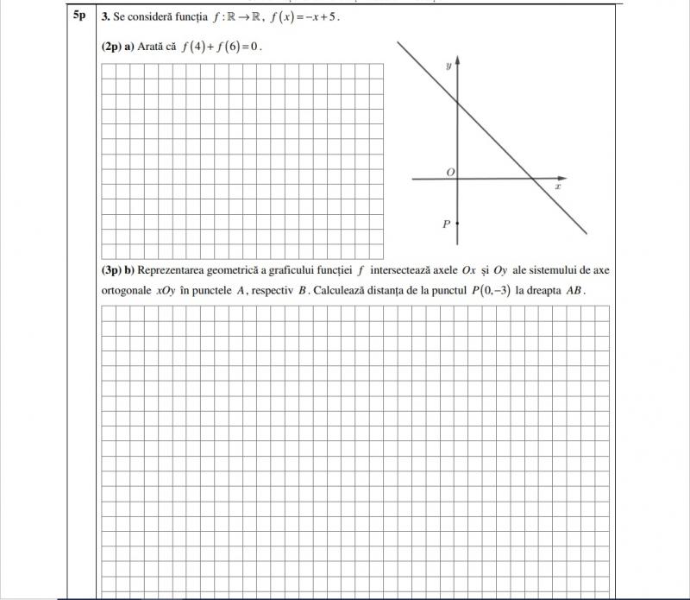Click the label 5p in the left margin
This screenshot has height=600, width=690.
(78, 16)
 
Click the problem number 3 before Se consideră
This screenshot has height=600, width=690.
(104, 16)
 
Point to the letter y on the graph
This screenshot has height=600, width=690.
(448, 66)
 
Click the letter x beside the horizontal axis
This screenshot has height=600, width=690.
(558, 186)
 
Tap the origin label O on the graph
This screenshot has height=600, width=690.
(449, 173)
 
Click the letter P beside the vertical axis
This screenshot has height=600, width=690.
(446, 224)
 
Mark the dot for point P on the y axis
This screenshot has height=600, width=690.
(457, 223)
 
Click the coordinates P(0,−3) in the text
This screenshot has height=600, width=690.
(490, 291)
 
